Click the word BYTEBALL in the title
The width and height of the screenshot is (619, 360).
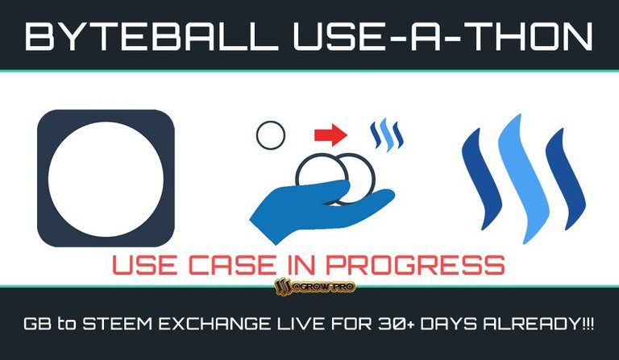(x=152, y=36)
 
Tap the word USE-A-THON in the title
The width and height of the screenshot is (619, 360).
(x=443, y=36)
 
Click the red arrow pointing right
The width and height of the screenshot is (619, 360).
(x=330, y=135)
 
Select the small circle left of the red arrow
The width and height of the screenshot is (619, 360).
(x=271, y=135)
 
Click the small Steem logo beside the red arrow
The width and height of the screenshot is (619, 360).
(x=387, y=134)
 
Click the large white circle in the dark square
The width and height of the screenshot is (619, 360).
(x=106, y=179)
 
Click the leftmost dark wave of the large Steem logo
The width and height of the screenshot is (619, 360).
(x=482, y=180)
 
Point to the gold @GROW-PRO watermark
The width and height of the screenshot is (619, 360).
(x=315, y=287)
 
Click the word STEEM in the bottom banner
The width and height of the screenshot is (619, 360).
(x=117, y=324)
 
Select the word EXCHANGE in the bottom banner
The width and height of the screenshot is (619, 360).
(x=214, y=324)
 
